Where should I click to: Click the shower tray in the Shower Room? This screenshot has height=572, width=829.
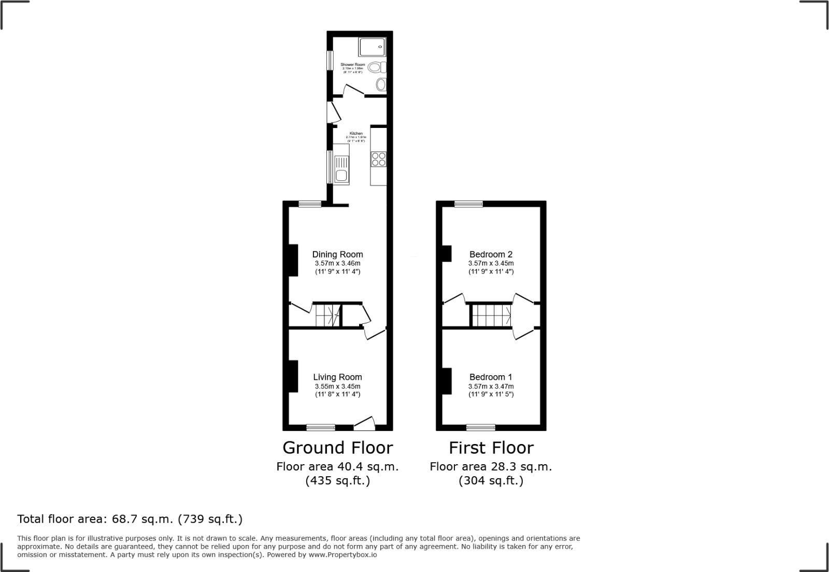tap(372, 47)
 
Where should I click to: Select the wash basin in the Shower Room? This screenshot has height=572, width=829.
tap(381, 84)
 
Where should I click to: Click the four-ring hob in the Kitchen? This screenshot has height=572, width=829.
tap(378, 159)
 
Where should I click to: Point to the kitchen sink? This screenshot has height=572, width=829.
tap(341, 170)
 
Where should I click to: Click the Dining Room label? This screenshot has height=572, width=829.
tap(337, 254)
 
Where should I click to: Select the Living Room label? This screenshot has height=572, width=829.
tap(337, 377)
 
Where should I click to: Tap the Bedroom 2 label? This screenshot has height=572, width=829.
tap(491, 254)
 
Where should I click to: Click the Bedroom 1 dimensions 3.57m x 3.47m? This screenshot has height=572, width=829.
tap(491, 387)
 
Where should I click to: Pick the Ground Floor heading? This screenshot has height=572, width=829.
tap(337, 448)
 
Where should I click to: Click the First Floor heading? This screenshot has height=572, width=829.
tap(491, 448)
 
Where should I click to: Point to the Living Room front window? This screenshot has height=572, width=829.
tap(321, 427)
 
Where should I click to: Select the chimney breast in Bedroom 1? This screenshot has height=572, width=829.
tap(446, 382)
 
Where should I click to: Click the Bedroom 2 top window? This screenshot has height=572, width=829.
tap(469, 204)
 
